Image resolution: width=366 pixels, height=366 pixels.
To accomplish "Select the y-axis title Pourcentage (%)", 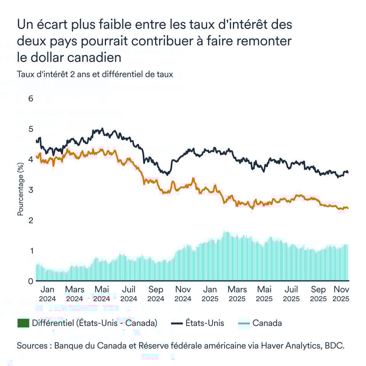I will (21, 189).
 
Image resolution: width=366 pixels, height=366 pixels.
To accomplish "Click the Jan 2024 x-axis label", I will (47, 294).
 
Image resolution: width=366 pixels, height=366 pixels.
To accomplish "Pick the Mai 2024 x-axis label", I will (101, 294).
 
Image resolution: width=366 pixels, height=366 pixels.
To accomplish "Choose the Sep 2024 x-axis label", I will (156, 294).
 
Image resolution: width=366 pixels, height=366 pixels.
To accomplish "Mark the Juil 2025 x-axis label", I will (291, 294).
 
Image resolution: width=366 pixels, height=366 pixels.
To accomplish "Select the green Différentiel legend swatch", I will (23, 323).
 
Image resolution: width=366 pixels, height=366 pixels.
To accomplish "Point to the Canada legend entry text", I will (267, 323).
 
